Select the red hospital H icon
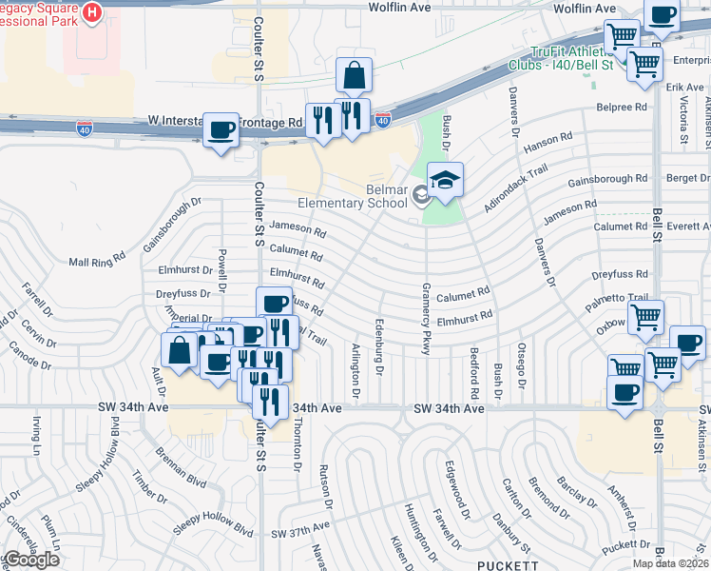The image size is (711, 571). (x=92, y=12)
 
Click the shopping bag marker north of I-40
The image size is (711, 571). (x=354, y=76)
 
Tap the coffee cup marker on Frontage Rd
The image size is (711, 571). (x=221, y=129)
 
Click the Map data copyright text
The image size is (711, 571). (x=670, y=563)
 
